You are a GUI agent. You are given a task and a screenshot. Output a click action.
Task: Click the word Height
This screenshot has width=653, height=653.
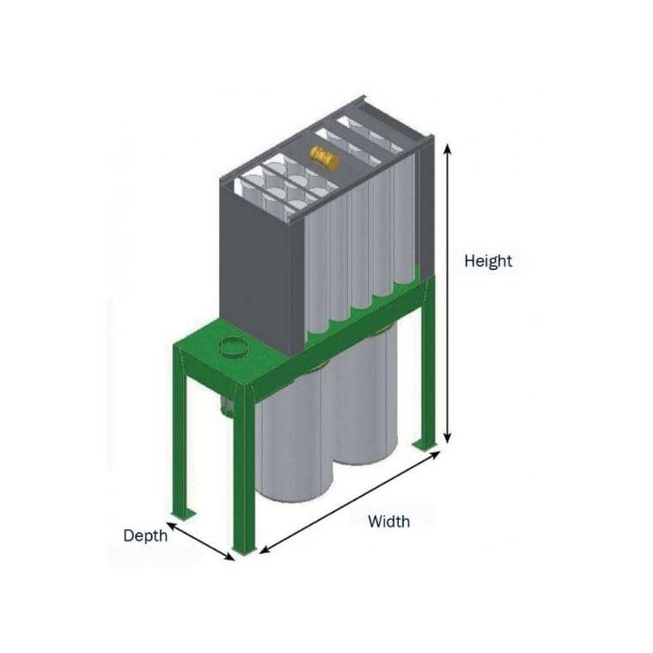488,260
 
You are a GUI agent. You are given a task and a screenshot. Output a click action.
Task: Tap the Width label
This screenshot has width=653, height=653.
388,521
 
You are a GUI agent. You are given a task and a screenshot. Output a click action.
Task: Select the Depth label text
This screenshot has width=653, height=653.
145,535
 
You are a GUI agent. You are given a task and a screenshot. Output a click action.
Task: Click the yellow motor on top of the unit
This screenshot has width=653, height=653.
324,158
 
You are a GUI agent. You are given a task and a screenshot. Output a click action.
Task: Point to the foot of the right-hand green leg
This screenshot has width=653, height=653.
424,444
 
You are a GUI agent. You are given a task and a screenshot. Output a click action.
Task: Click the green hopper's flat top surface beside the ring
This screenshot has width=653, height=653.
202,344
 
